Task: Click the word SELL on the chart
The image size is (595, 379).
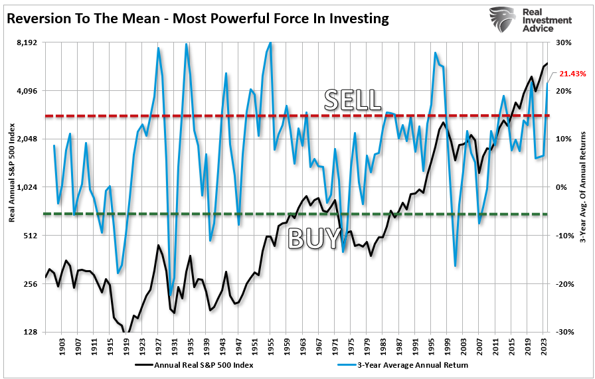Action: point(353,100)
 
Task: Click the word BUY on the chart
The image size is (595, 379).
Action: point(314,238)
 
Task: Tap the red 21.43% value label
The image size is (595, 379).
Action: point(572,74)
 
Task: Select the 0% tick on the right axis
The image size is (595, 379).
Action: point(562,187)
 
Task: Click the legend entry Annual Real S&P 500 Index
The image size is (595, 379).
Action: point(197,364)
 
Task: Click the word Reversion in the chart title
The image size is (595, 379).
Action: point(41,19)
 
